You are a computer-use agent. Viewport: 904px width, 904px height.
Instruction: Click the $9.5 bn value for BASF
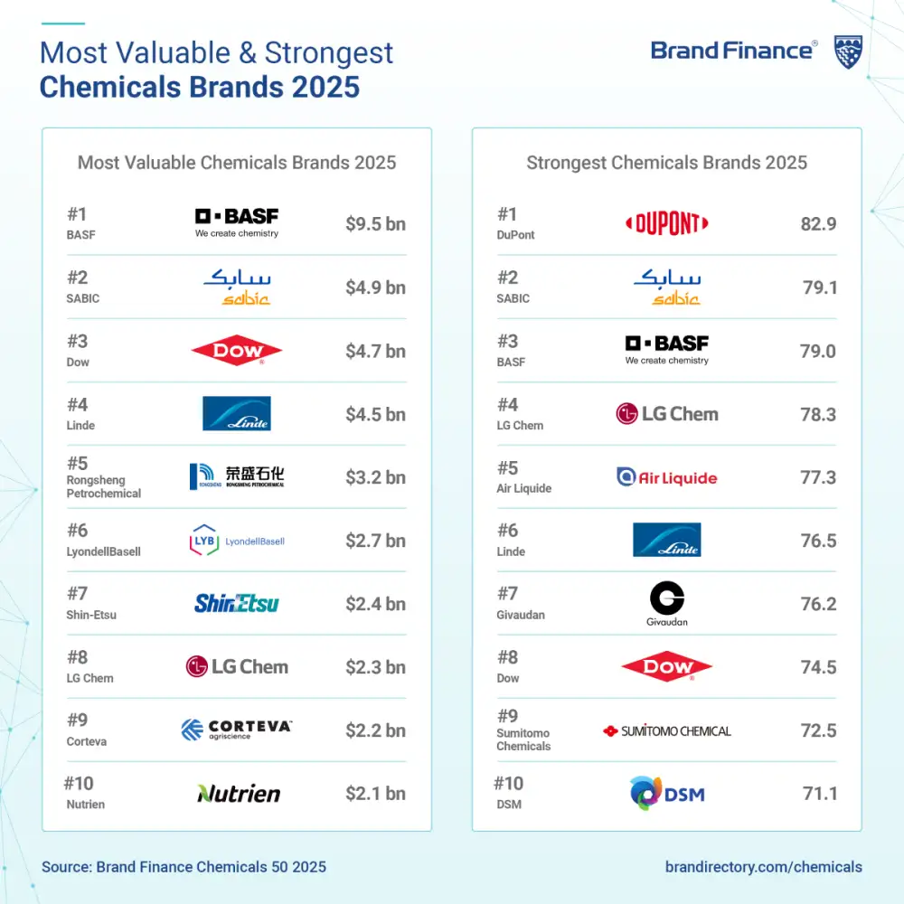point(375,224)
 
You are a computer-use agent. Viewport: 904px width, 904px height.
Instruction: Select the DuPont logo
point(667,223)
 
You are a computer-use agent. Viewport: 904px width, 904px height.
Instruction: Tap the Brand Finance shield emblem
point(847,52)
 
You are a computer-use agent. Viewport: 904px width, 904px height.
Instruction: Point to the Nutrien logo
point(239,794)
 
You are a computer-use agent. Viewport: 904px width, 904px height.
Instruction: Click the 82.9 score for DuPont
point(818,224)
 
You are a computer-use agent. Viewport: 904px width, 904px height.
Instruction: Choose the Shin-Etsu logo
point(237,603)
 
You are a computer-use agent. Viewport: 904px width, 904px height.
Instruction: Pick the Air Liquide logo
point(667,477)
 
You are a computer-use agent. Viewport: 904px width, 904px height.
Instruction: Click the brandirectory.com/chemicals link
point(763,867)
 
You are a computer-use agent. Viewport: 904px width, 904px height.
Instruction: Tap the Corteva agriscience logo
point(237,730)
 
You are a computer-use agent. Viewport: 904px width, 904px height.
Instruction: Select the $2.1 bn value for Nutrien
point(375,794)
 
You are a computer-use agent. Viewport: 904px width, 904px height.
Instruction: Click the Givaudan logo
point(667,603)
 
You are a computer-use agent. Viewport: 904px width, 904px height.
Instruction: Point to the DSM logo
point(667,794)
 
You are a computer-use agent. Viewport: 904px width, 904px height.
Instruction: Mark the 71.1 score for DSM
point(819,794)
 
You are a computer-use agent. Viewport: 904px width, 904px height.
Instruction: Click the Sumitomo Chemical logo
point(667,730)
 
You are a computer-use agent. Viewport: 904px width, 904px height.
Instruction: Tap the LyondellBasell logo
point(237,541)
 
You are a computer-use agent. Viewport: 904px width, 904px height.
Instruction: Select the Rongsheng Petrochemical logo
point(237,476)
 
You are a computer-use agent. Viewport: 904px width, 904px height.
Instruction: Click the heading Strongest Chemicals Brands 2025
point(666,163)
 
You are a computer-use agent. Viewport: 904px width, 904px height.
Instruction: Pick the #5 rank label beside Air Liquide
point(507,468)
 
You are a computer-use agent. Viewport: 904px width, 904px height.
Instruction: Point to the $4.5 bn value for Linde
point(375,414)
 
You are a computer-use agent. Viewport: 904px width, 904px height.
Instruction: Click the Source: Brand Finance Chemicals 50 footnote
point(184,867)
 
